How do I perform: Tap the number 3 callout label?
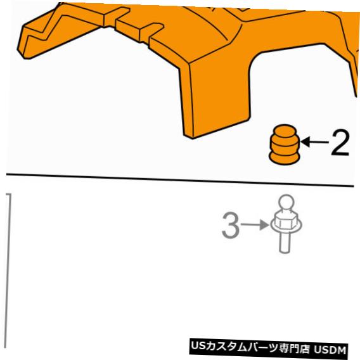[x=231, y=226]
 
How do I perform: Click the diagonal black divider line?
[x=177, y=179]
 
